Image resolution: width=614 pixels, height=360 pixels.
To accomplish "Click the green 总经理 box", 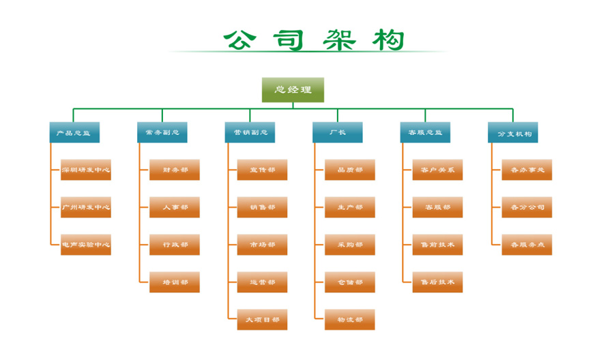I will click(x=293, y=90).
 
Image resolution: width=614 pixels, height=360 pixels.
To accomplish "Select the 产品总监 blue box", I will click(x=74, y=132).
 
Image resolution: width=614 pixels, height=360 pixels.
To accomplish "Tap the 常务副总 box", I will click(x=162, y=132).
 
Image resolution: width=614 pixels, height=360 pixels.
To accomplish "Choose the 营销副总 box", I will click(x=250, y=132).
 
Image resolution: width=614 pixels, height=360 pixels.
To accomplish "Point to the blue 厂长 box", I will click(x=338, y=132).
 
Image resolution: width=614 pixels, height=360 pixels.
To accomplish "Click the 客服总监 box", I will click(x=425, y=132).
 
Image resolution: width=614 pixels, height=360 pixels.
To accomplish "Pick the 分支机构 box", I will click(x=513, y=132).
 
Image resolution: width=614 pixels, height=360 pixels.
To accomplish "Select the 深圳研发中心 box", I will click(x=86, y=170).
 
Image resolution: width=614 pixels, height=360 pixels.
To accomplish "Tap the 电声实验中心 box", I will click(x=86, y=245).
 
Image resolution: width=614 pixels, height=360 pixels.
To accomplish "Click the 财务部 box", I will click(x=175, y=170).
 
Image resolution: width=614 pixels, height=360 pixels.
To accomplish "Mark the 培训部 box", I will click(x=175, y=282).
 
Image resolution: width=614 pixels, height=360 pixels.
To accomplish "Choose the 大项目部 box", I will click(x=262, y=319).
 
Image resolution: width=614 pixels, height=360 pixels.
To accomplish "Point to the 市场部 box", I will click(x=262, y=245).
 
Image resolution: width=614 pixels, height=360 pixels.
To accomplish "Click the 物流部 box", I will click(x=349, y=319).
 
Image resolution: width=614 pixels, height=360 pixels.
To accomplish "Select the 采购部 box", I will click(x=349, y=245).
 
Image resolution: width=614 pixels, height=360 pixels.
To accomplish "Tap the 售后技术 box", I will click(x=437, y=282).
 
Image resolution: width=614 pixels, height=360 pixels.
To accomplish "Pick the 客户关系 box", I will click(x=437, y=170).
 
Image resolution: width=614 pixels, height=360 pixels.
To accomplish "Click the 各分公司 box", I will click(x=527, y=207).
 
